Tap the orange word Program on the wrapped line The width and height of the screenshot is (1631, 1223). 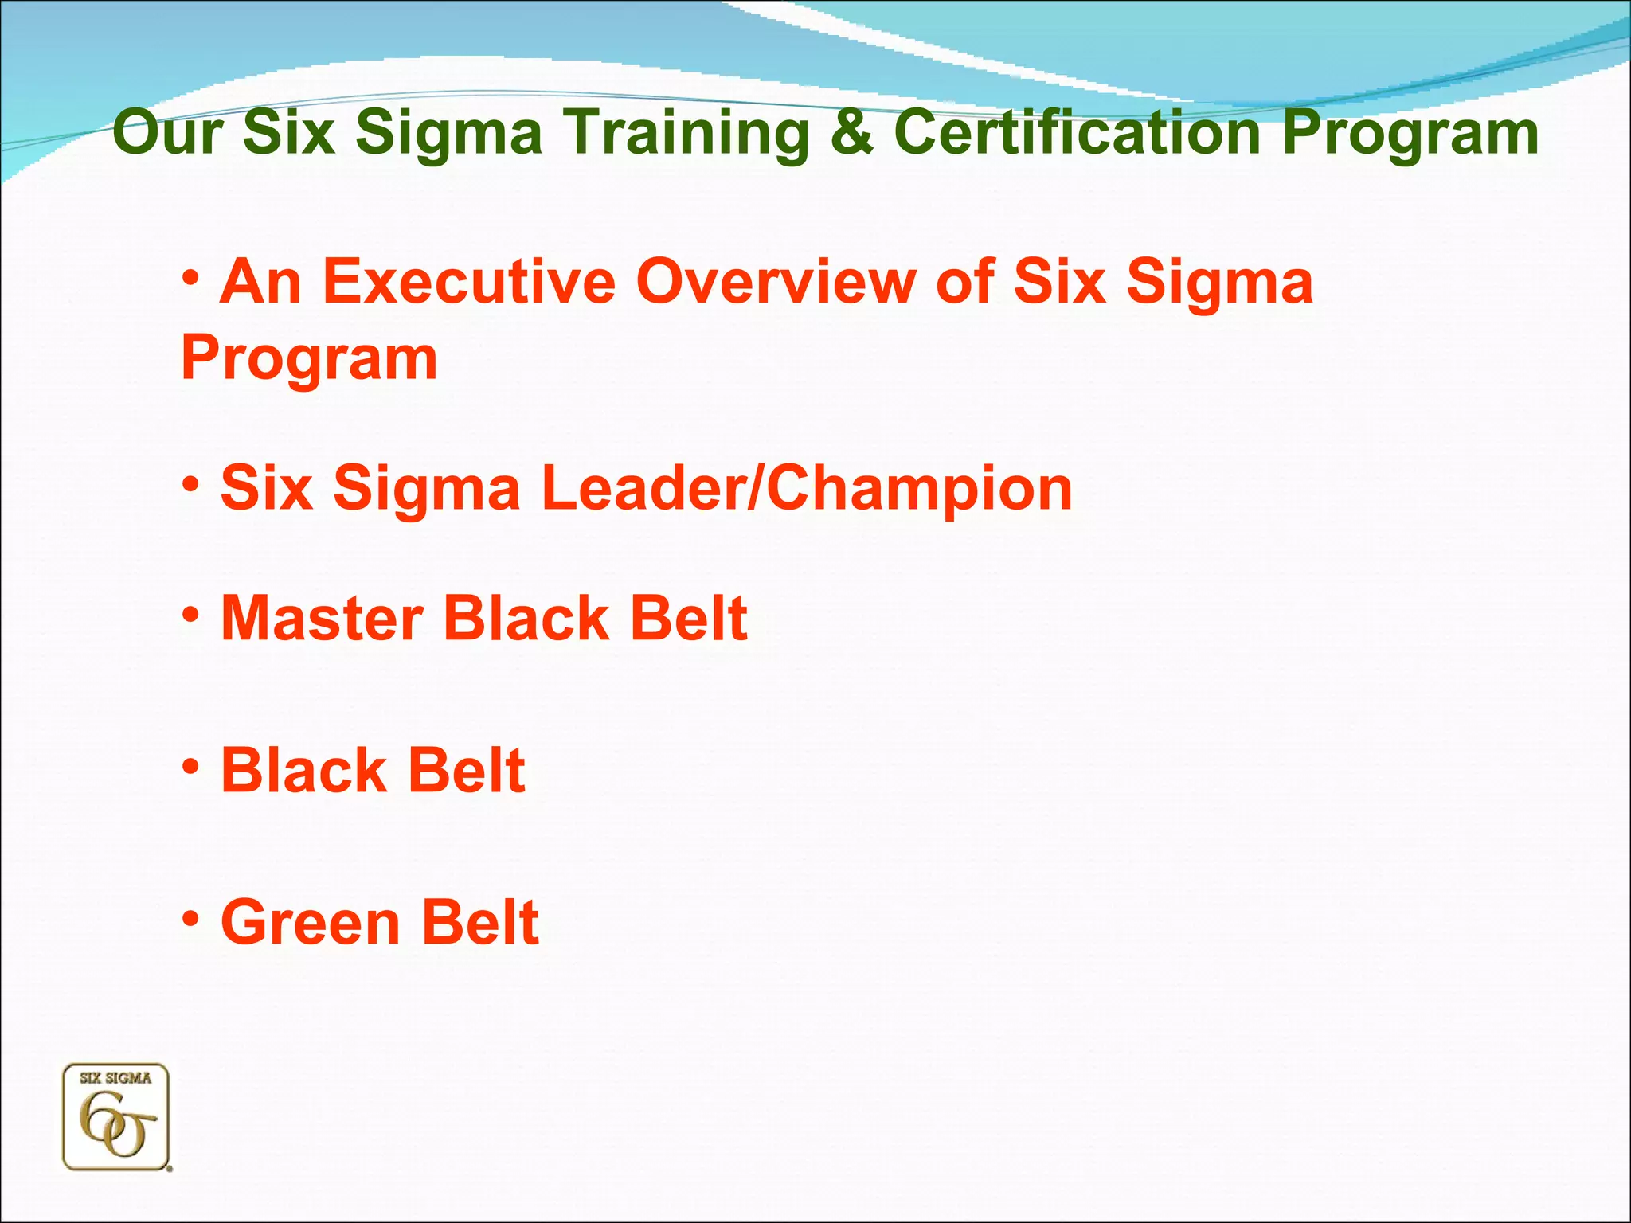coord(309,359)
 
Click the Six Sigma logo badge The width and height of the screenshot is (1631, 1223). coord(116,1117)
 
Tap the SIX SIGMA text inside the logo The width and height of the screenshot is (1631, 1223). coord(115,1078)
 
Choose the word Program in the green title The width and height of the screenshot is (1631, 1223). coord(1410,134)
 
